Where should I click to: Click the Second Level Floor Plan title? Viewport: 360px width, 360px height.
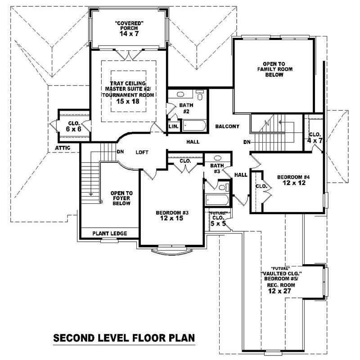pos(124,337)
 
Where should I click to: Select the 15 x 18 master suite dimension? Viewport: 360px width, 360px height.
pos(128,102)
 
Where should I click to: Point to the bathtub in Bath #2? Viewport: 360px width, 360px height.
pos(194,126)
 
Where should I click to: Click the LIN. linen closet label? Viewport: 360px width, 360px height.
pos(173,127)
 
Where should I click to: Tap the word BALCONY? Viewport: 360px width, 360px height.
pos(226,126)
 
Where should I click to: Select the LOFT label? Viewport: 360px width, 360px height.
pos(142,153)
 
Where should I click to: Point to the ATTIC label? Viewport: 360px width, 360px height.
pos(62,148)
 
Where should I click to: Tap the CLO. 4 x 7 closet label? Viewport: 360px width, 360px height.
pos(315,137)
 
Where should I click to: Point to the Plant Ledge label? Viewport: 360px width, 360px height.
pos(109,234)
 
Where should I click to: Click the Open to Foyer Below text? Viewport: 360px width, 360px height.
pos(121,198)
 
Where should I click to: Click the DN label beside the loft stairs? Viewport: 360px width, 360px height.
pos(120,152)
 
